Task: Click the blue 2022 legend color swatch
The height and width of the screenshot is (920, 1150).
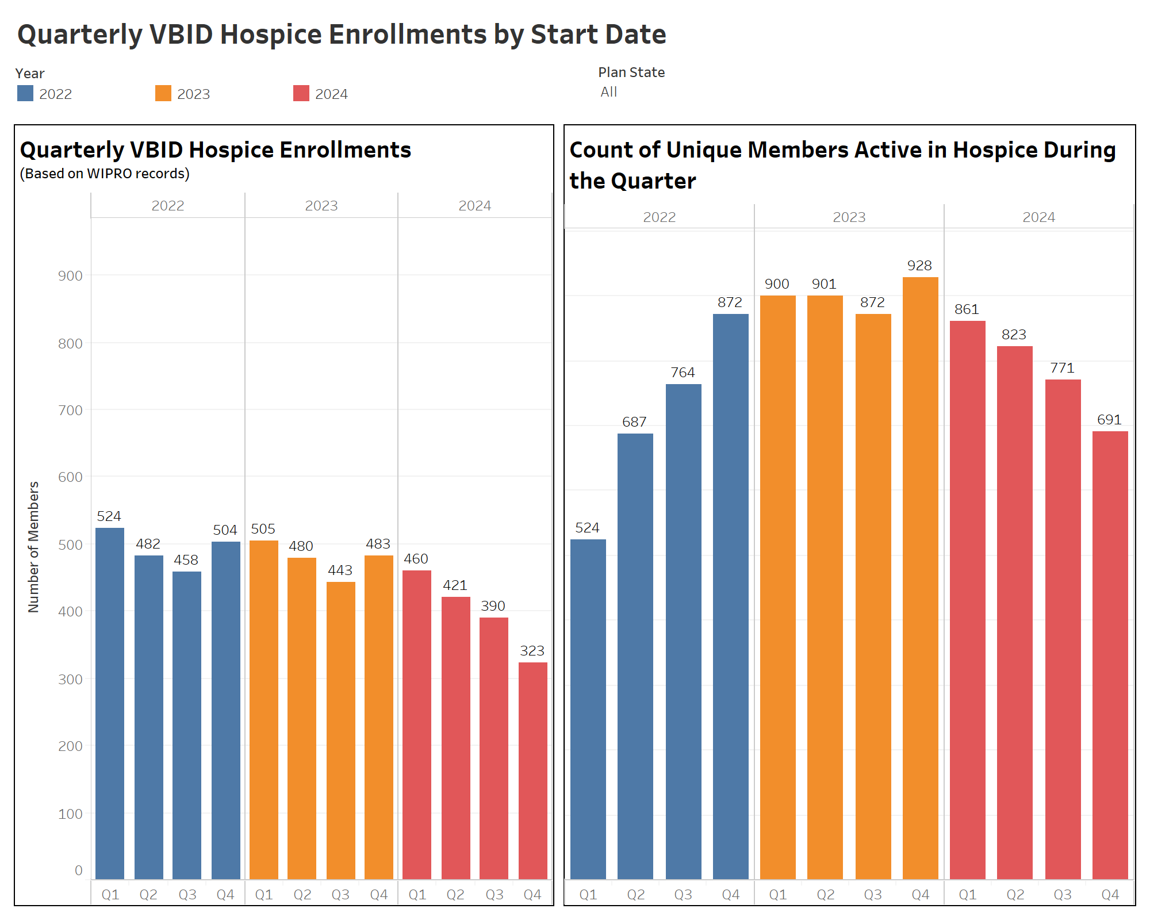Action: coord(25,93)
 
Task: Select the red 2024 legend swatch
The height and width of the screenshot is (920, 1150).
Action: coord(301,93)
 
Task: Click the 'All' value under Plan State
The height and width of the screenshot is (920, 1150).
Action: coord(608,92)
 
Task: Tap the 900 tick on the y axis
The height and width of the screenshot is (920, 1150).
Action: coord(70,276)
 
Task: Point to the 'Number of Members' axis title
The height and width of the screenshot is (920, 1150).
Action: coord(33,546)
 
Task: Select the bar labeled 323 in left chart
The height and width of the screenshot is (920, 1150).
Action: coord(532,770)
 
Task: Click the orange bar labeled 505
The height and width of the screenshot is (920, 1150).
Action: coord(263,707)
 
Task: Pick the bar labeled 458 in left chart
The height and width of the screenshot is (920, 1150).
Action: coord(187,724)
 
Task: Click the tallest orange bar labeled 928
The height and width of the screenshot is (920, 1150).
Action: coord(920,575)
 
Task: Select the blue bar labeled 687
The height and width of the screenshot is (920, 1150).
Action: coord(635,655)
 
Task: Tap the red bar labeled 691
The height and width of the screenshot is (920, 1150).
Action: coord(1110,655)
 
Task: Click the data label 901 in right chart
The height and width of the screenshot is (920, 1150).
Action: coord(824,284)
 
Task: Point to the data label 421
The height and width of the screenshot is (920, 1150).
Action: coord(455,585)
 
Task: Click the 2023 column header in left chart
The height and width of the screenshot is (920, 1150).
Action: coord(321,206)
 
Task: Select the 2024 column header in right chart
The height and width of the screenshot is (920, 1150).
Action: coord(1038,217)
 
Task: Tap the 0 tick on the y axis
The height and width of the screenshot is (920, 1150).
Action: coord(78,871)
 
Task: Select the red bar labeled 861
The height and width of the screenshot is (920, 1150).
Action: coord(967,598)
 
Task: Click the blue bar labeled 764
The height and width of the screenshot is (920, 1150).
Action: coord(683,632)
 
